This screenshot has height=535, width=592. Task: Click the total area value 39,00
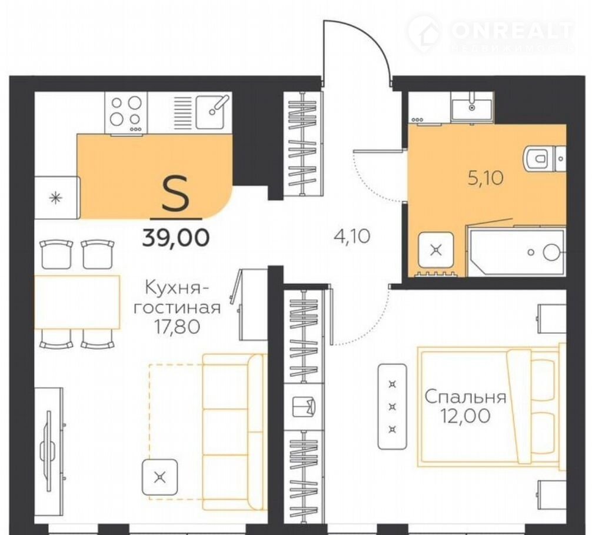[175, 238]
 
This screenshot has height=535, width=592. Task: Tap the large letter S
[175, 195]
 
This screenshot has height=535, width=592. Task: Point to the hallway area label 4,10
[352, 236]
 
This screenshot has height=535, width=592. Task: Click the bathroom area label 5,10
[485, 178]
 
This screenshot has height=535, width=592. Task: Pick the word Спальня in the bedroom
[465, 397]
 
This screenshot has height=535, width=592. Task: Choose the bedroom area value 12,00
[465, 416]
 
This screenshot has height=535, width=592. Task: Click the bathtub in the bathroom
[517, 251]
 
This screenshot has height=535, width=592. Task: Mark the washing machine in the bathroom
[435, 249]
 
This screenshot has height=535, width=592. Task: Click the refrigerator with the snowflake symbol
[57, 198]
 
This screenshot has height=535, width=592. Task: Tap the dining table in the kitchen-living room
[77, 302]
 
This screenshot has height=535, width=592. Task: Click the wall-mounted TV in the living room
[48, 451]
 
